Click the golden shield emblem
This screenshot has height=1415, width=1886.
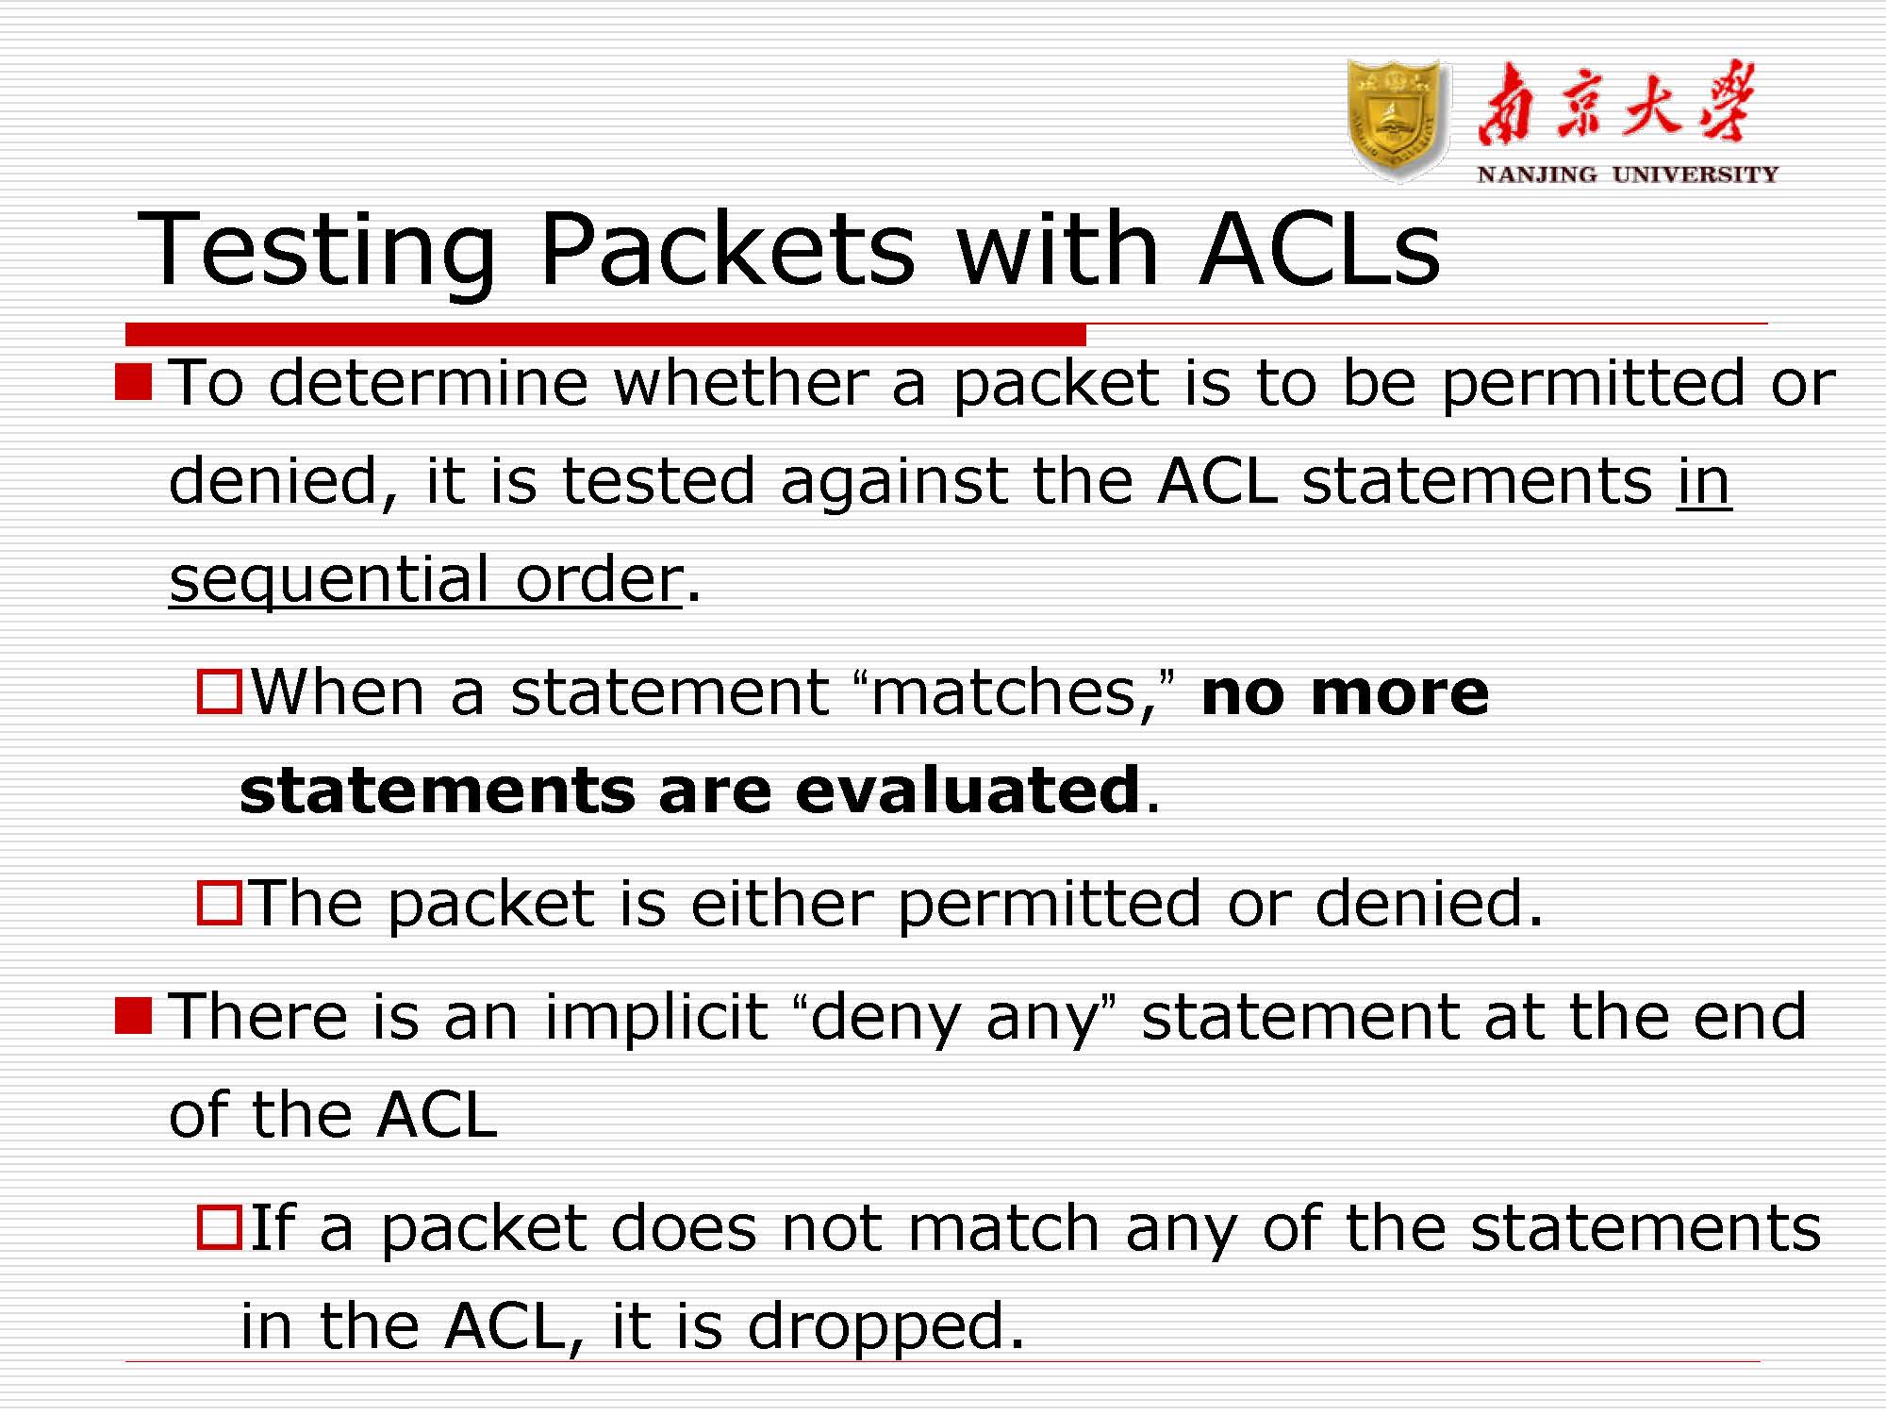tap(1398, 119)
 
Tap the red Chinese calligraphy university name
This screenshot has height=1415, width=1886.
tap(1616, 105)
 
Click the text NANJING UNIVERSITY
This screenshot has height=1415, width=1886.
tap(1628, 175)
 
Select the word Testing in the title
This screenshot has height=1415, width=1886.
tap(317, 249)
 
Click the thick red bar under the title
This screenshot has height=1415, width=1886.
tap(605, 334)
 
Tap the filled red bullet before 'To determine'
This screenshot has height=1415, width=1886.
tap(133, 382)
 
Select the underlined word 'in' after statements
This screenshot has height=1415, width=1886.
tap(1703, 481)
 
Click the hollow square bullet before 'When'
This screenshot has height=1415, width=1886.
tap(219, 691)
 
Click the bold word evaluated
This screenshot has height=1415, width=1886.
tap(968, 790)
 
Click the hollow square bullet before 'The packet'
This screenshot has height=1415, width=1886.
tap(219, 903)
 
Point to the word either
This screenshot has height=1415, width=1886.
tap(782, 904)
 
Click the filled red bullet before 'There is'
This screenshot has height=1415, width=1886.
tap(133, 1016)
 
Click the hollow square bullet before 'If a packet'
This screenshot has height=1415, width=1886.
tap(219, 1227)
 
